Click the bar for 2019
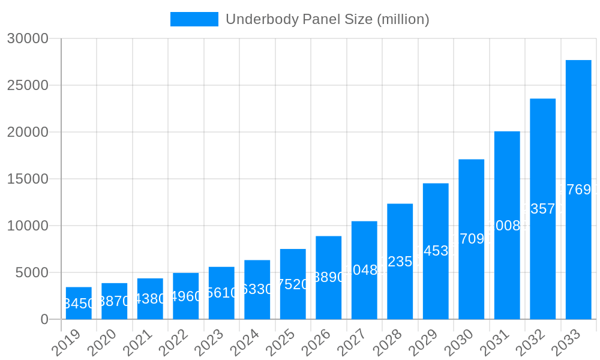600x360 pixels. pos(79,303)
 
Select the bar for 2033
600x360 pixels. pos(578,190)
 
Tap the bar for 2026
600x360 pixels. pos(328,277)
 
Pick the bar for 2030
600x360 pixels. pos(471,239)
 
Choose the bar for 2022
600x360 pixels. pos(185,296)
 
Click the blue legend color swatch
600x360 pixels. pos(194,19)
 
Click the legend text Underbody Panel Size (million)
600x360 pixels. pos(327,19)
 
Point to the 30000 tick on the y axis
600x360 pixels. pos(27,38)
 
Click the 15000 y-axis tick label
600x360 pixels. pos(27,179)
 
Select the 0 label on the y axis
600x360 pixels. pos(44,319)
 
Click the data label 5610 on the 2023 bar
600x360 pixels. pos(221,293)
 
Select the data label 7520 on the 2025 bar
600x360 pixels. pos(293,284)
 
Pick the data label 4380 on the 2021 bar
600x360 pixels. pos(150,299)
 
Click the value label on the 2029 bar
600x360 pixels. pos(436,251)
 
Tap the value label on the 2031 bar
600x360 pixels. pos(507,226)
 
